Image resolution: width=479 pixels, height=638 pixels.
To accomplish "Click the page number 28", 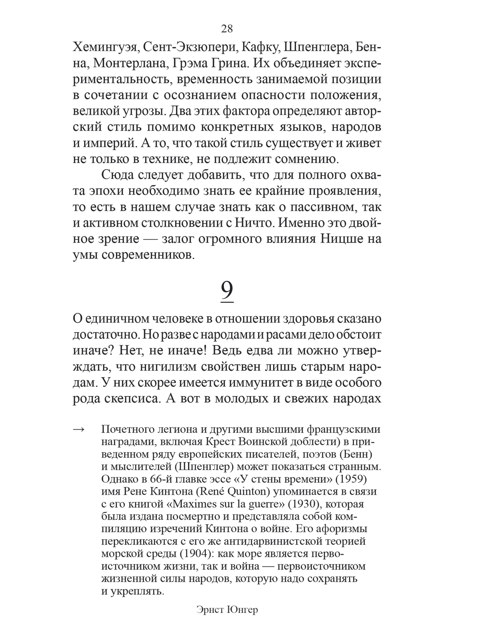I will pyautogui.click(x=227, y=29).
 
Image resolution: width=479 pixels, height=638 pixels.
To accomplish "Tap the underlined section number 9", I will pyautogui.click(x=227, y=291).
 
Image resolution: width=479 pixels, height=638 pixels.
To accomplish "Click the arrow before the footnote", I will pyautogui.click(x=79, y=430).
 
